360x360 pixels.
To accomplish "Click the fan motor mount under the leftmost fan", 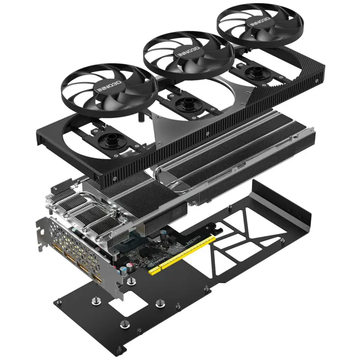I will [110, 138].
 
